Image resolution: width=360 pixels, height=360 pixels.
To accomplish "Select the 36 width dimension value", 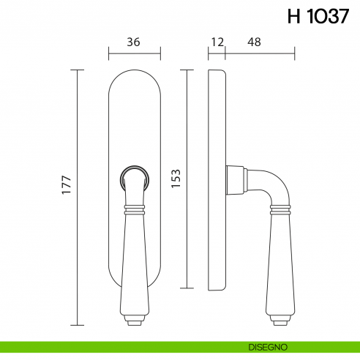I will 134,43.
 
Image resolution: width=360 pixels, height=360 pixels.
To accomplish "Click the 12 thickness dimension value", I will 216,43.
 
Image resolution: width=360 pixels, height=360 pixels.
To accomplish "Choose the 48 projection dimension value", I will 254,43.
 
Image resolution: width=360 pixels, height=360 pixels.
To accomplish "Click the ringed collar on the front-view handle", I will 134,211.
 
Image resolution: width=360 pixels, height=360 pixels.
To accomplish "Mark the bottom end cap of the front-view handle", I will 134,320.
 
